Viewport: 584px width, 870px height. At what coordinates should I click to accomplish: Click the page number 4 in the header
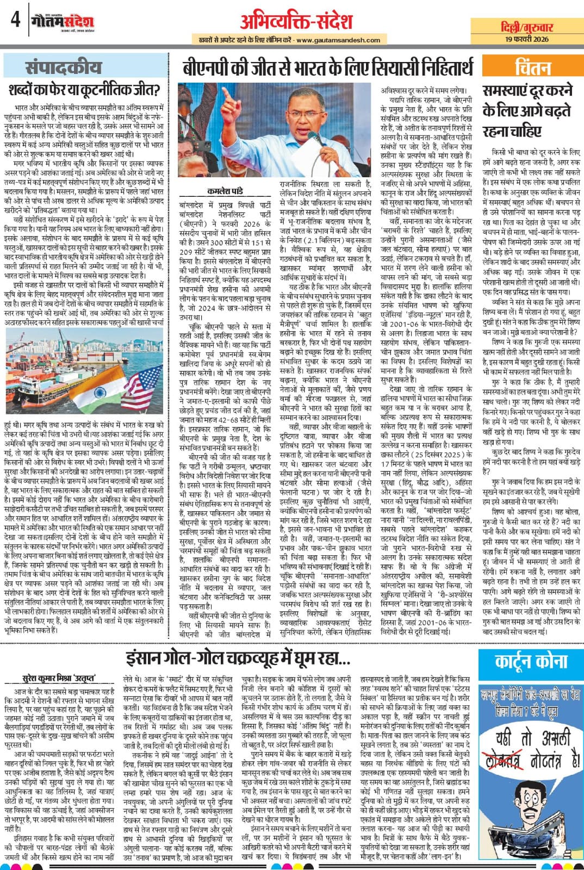[x=15, y=21]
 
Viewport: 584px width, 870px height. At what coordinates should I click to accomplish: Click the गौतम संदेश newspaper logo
[x=63, y=22]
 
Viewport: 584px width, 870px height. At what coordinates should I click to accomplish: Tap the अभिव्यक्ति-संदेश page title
[x=296, y=21]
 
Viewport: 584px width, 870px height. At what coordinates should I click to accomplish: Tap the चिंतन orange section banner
[x=532, y=68]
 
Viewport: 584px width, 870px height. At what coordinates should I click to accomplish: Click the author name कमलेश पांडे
[x=225, y=191]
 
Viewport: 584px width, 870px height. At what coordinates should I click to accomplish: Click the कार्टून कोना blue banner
[x=531, y=662]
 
